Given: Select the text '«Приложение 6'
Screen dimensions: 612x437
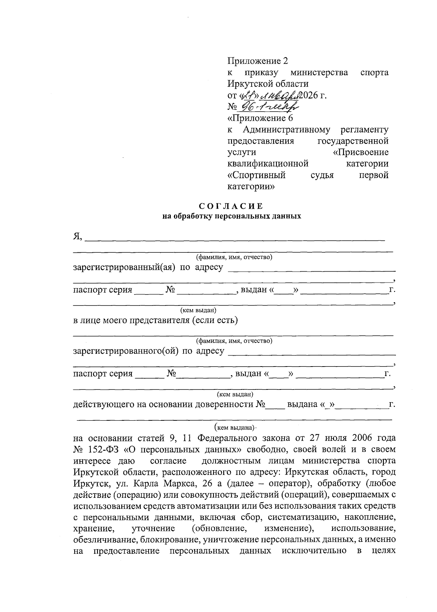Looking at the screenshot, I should [x=260, y=118].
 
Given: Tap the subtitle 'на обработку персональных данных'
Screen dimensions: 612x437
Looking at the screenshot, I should [x=232, y=216].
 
